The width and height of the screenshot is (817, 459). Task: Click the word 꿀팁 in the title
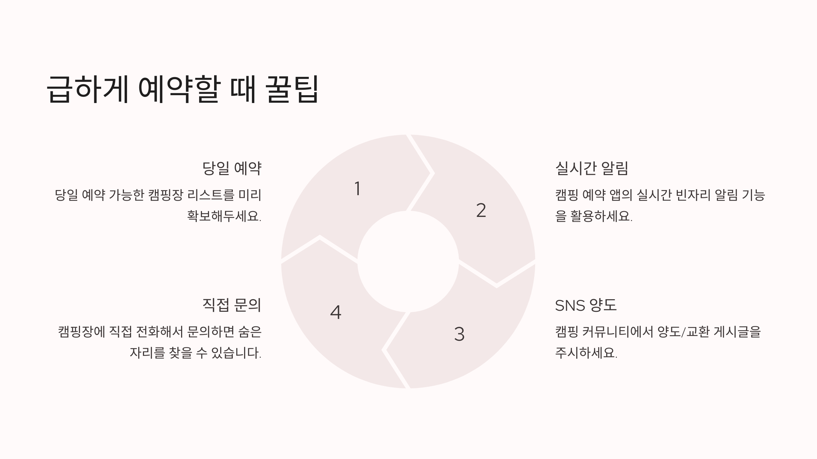point(292,89)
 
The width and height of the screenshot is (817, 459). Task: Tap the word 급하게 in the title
point(87,89)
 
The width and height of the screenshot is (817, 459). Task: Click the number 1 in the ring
point(357,189)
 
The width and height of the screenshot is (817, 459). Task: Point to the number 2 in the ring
point(481,210)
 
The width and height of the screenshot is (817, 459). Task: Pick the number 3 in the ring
point(459,334)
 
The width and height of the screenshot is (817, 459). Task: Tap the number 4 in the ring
point(336,312)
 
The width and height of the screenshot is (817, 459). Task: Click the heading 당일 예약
point(231,168)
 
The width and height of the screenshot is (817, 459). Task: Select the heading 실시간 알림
point(591,168)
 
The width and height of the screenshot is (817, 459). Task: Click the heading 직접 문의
point(231,305)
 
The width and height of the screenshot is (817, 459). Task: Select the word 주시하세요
point(586,353)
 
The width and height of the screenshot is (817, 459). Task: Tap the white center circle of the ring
point(408,261)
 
